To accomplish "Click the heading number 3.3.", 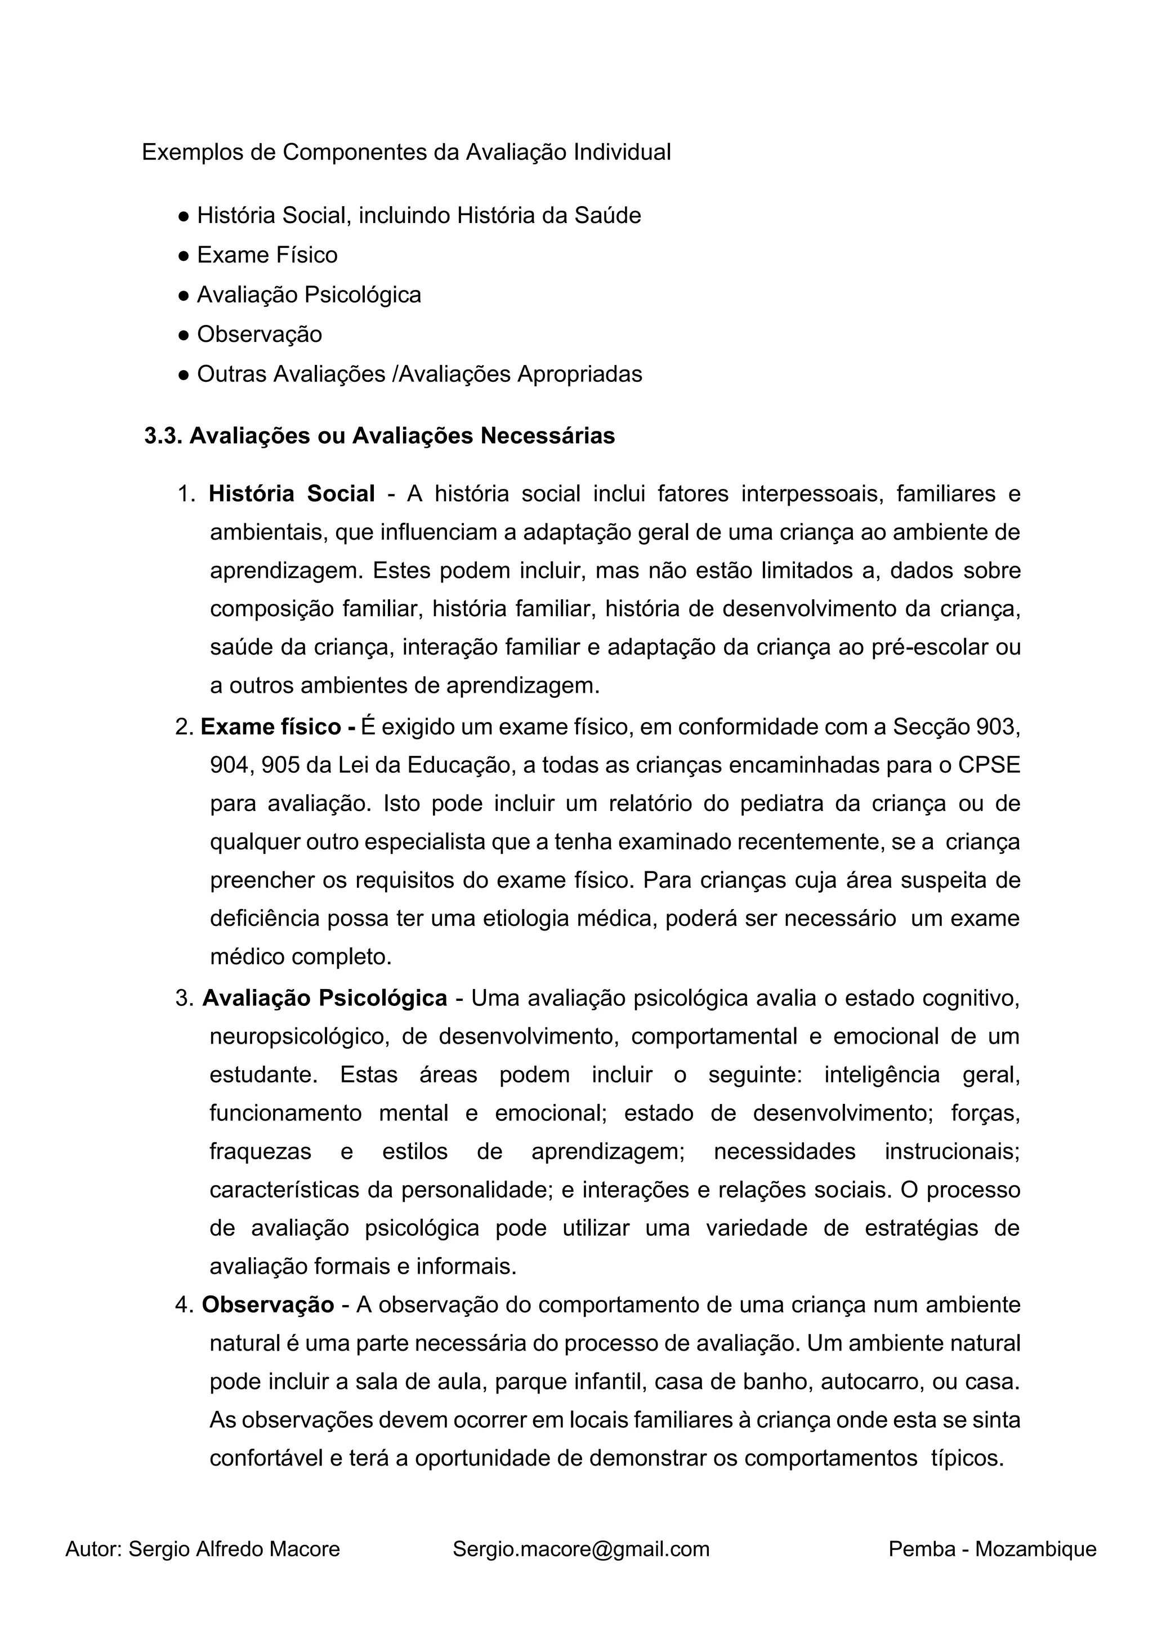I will (x=163, y=435).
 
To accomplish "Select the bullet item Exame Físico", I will (x=267, y=255).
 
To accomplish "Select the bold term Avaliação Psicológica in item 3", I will (x=324, y=998).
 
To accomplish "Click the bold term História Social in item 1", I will (x=291, y=493).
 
